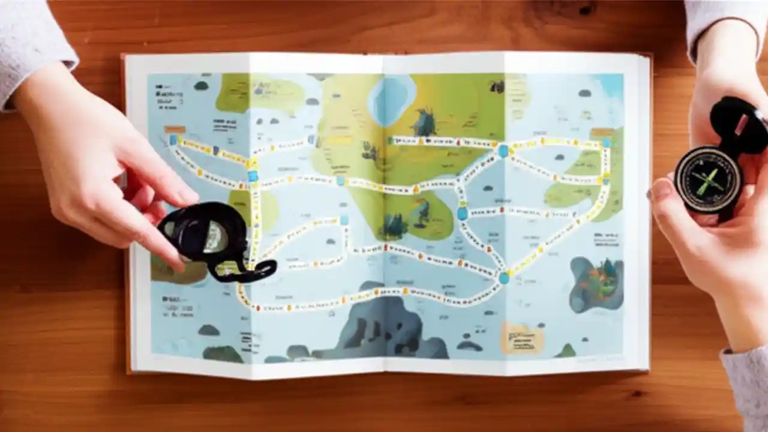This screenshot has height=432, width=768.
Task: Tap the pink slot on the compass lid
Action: coord(742,124)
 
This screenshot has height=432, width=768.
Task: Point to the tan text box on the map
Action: coord(522,338)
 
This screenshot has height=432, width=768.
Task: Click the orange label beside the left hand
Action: coord(175,129)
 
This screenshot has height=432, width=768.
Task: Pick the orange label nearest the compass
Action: coord(602,132)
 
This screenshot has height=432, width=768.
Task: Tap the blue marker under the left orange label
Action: coord(173,140)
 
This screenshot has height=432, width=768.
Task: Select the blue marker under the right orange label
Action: coord(607,143)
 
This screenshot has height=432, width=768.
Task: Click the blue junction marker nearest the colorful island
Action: coord(503,278)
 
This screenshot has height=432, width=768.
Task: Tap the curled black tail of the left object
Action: coord(255,271)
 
